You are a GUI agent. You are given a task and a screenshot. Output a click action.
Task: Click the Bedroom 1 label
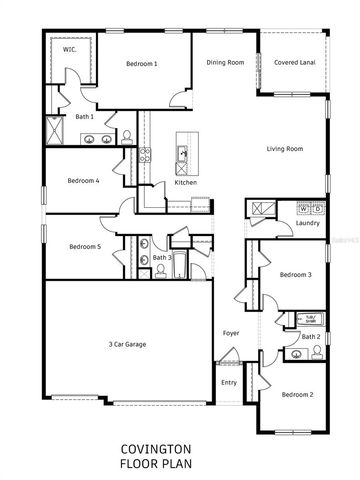(142, 64)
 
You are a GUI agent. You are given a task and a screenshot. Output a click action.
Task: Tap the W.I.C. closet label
(70, 47)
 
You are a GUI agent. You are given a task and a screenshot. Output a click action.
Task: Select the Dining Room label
(225, 63)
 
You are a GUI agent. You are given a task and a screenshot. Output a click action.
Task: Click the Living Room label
(285, 149)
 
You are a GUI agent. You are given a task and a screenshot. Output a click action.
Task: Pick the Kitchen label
(185, 182)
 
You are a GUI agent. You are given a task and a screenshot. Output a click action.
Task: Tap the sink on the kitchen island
(184, 153)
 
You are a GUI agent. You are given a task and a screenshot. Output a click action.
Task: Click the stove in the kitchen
(145, 155)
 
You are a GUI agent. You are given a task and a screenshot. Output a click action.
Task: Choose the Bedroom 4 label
(83, 181)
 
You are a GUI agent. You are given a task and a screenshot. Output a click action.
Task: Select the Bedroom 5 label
(84, 247)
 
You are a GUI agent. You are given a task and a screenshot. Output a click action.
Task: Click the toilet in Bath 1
(127, 137)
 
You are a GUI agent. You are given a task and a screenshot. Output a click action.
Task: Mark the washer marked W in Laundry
(305, 208)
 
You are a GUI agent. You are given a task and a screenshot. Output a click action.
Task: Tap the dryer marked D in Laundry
(319, 208)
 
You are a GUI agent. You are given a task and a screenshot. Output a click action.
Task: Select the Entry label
(229, 382)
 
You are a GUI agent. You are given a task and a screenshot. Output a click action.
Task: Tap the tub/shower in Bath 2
(310, 318)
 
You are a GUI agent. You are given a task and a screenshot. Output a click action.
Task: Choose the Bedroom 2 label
(297, 395)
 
